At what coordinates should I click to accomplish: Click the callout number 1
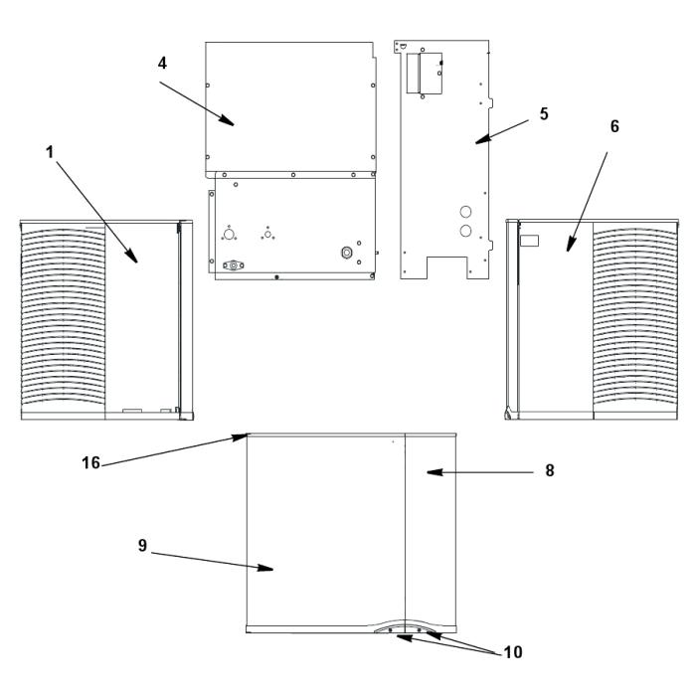point(50,152)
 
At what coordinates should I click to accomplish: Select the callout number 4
point(162,63)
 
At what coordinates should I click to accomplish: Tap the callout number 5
point(544,114)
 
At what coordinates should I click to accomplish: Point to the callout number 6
point(614,126)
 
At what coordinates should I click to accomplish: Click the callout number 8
point(550,470)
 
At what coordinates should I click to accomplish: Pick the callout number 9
point(142,545)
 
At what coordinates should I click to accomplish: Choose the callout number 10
point(513,652)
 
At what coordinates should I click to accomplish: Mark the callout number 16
point(91,463)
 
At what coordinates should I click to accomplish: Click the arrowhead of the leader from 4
point(228,120)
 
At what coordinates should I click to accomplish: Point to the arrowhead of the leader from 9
point(265,568)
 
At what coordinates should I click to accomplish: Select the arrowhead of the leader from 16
point(241,437)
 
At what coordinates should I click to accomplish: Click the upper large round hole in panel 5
point(465,211)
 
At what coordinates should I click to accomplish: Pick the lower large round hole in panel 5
point(465,231)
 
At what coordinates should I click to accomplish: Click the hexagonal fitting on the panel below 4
point(346,253)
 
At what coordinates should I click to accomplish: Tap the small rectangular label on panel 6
point(530,241)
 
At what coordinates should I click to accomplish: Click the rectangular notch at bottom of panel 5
point(447,267)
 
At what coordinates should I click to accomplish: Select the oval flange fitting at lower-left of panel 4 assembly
point(234,265)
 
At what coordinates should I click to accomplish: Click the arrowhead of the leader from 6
point(571,245)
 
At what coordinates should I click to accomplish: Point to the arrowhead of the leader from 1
point(132,257)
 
